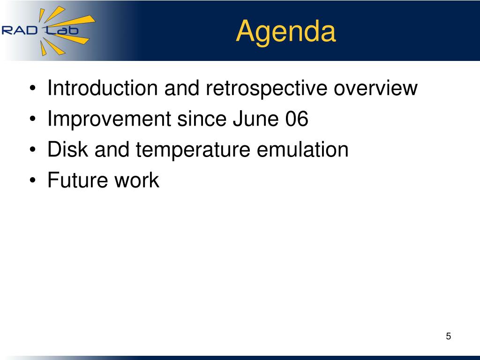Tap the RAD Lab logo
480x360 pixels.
click(x=48, y=30)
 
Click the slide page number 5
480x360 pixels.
click(x=448, y=336)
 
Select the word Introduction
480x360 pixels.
click(x=103, y=88)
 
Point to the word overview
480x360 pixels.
click(x=375, y=88)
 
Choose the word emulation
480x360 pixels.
click(x=302, y=149)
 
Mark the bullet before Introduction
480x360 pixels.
click(x=33, y=89)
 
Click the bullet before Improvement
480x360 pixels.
click(x=33, y=120)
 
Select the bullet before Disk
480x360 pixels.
click(x=33, y=150)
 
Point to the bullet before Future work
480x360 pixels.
click(x=33, y=180)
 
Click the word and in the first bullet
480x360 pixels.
click(x=182, y=88)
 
